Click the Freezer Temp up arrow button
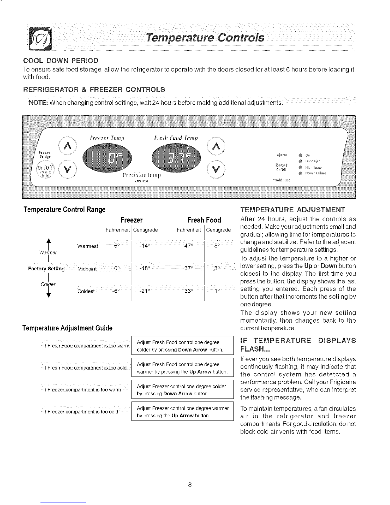click(x=67, y=146)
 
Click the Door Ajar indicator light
click(x=301, y=161)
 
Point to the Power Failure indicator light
click(x=300, y=174)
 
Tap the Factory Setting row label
click(x=47, y=268)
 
